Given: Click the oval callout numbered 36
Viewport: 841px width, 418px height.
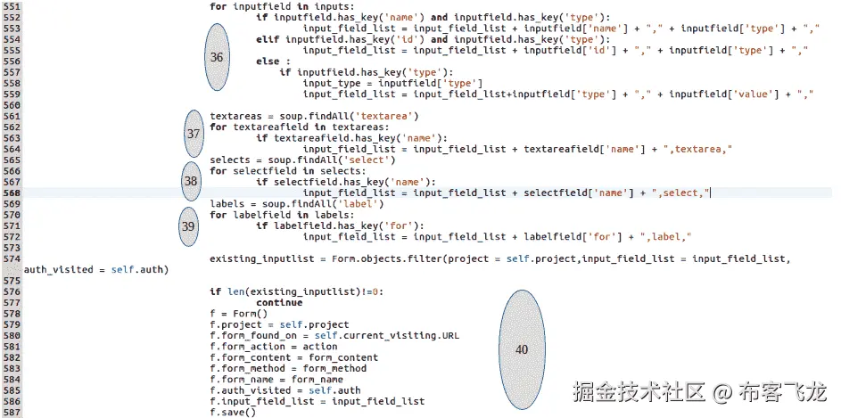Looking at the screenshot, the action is point(217,56).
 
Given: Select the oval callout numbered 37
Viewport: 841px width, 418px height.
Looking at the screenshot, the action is point(194,133).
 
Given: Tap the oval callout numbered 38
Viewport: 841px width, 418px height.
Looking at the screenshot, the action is point(191,181).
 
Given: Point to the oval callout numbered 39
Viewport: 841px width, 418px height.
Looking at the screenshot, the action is point(188,226).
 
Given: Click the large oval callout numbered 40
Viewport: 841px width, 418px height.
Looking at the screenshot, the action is point(522,349).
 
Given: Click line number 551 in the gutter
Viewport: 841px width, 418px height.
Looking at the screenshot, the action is point(12,6).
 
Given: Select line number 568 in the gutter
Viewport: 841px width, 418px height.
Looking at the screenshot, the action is point(12,193).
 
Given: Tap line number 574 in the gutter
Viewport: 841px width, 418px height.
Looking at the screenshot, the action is point(12,258).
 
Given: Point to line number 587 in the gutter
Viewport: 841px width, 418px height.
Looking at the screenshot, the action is point(12,401).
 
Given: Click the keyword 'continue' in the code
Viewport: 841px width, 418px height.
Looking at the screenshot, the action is point(279,302).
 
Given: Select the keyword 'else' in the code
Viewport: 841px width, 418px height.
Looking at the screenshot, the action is point(267,61).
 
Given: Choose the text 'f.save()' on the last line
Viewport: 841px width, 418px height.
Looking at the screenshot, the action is point(233,412).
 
